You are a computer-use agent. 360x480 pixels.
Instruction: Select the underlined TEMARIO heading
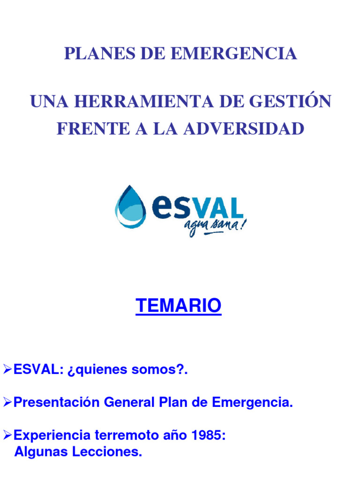coord(178,306)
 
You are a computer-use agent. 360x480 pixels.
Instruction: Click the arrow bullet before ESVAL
coord(7,370)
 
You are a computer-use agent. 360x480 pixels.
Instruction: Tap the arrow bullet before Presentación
coord(7,402)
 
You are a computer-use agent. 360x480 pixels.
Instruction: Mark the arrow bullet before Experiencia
coord(7,435)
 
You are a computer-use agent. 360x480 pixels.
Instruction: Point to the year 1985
coord(209,435)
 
